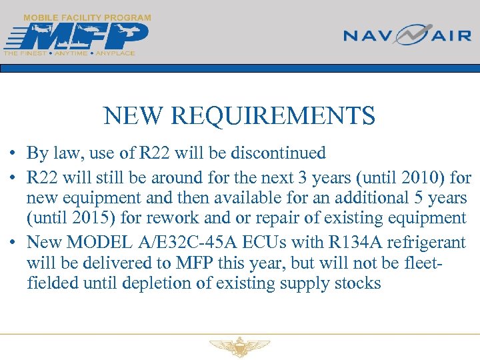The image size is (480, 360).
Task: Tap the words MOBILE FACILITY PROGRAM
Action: (x=87, y=17)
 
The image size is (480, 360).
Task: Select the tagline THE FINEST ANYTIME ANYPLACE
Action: (x=69, y=53)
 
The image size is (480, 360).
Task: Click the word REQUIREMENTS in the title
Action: (x=273, y=117)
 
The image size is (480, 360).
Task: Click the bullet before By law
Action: (x=13, y=153)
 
